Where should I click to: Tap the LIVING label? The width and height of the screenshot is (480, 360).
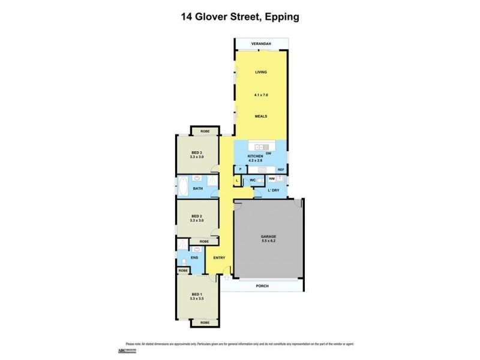coord(260,72)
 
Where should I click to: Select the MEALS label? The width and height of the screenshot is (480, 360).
coord(260,116)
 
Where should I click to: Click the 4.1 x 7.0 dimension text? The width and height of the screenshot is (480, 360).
coord(260,95)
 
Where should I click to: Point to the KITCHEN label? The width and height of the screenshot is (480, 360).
coord(256,157)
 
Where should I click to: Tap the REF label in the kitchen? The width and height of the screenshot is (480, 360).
coord(280,170)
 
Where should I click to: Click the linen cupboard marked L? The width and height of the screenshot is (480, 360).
coord(238,180)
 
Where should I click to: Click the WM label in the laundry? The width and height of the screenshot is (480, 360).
coord(272,179)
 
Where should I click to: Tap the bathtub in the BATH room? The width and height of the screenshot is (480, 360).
coord(183,185)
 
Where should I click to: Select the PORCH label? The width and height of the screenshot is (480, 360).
coord(261,286)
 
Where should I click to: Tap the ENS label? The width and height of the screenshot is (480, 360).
coord(194,258)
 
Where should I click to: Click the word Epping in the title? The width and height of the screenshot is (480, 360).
coord(281,17)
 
